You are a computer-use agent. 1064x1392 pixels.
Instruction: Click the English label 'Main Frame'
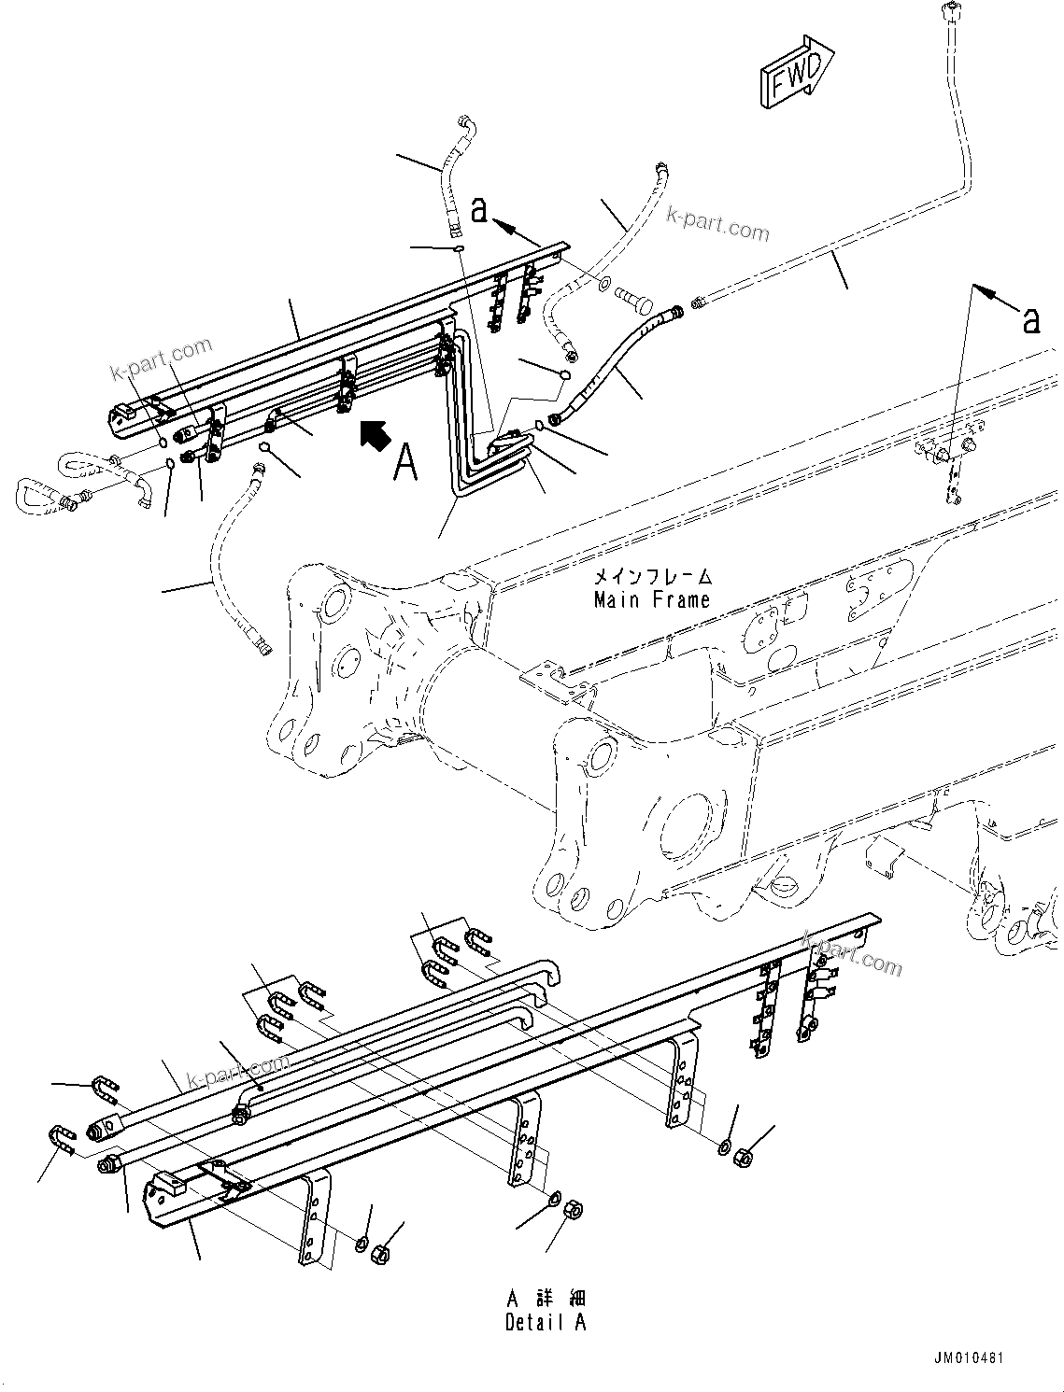coord(651,600)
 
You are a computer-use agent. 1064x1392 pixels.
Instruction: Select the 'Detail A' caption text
coord(546,1322)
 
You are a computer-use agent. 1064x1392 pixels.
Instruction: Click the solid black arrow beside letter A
coord(375,435)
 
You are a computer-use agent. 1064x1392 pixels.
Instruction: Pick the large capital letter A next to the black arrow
coord(405,461)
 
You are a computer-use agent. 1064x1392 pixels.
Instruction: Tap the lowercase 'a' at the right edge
coord(1030,320)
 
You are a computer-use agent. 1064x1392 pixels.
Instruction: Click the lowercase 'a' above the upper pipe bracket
coord(479,210)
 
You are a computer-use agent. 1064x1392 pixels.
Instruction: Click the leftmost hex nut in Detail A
coord(380,1253)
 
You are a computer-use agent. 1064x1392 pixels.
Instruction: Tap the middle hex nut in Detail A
coord(573,1211)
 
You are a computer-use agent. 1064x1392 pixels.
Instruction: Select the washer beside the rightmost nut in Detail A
coord(726,1146)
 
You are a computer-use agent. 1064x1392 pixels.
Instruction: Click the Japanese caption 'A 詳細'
coord(546,1299)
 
